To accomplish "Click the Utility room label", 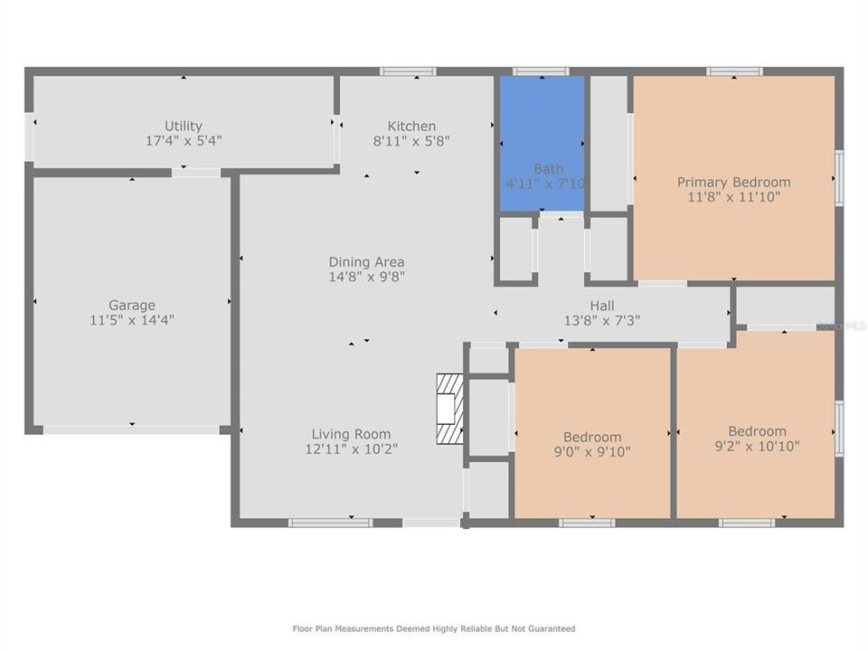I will [184, 126].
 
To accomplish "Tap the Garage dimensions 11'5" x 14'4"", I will [132, 320].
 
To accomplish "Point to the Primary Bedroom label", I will [733, 182].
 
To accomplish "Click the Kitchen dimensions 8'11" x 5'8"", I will [411, 141].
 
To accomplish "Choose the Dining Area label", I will [366, 262].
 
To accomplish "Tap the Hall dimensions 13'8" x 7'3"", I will [602, 320].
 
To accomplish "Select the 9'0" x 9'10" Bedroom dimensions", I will [592, 452].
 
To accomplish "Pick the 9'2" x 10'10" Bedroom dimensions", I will [757, 446].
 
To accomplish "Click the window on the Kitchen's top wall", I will [408, 71].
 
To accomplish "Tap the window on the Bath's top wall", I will [541, 71].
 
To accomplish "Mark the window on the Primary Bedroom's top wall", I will [734, 71].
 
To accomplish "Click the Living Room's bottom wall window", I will [330, 523].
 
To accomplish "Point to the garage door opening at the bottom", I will [132, 430].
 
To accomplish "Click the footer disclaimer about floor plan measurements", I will [433, 628].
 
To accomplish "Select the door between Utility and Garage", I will [196, 172].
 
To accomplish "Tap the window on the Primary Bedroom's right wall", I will [839, 178].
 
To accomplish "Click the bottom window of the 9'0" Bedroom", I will [587, 523].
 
